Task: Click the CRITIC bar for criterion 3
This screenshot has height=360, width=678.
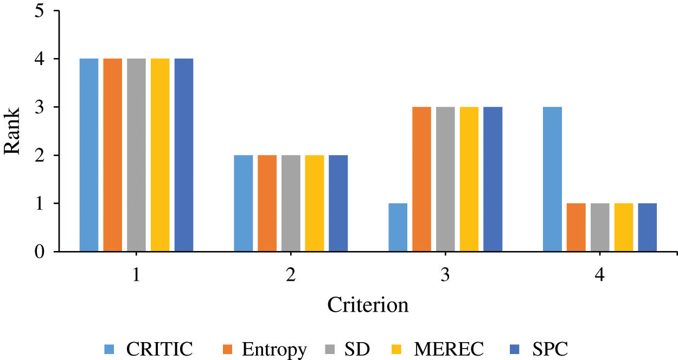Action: click(398, 228)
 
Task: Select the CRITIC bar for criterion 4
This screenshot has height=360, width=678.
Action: click(552, 179)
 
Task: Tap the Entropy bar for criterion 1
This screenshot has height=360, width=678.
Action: click(113, 155)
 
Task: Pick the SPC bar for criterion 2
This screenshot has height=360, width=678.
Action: click(338, 203)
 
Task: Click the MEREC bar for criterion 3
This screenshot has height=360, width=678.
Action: click(469, 179)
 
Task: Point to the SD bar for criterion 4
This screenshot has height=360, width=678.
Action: click(600, 228)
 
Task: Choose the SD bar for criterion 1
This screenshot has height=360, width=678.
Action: click(137, 155)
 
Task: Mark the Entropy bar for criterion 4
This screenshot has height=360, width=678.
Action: click(576, 228)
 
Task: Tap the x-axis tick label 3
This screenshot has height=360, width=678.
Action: click(445, 275)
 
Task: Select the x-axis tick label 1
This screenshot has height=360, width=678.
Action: click(136, 275)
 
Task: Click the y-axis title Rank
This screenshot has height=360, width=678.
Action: click(13, 131)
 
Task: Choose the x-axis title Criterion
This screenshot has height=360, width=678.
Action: click(368, 306)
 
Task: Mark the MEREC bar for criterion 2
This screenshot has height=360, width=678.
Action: click(314, 203)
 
